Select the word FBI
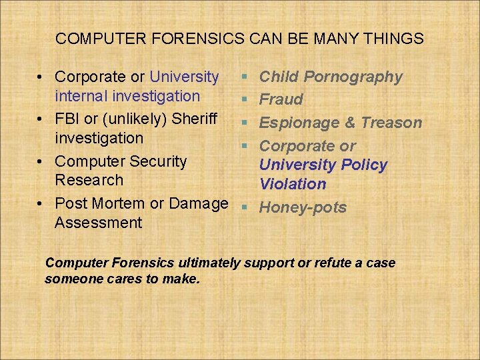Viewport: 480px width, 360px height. pos(68,119)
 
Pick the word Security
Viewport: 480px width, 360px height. pos(156,161)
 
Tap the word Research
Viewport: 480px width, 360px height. pos(89,180)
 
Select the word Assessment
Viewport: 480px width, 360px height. pos(98,223)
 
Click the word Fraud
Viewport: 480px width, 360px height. pos(281,100)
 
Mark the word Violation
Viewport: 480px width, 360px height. pos(293,184)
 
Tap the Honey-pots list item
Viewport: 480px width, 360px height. pos(303,207)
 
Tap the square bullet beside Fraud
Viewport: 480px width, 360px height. pos(245,100)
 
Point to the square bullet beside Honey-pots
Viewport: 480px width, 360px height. pos(245,207)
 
